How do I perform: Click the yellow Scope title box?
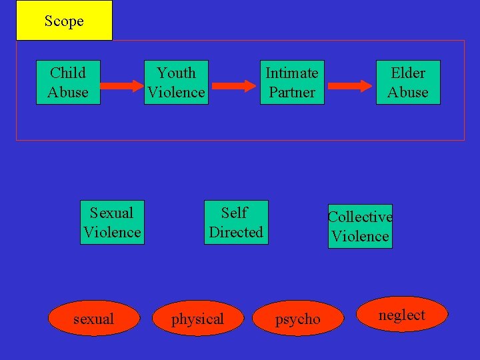click(x=64, y=21)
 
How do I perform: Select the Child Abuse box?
click(x=68, y=83)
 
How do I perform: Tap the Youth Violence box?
click(x=176, y=83)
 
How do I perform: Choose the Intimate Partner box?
click(x=292, y=83)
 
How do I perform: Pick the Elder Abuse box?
click(x=408, y=83)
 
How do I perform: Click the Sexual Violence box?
click(x=112, y=223)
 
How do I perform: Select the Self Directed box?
click(x=236, y=223)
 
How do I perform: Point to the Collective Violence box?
click(x=360, y=227)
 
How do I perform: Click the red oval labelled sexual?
click(x=94, y=319)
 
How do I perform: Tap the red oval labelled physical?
click(x=198, y=319)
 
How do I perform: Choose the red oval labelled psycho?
click(x=297, y=319)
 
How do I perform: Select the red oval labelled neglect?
click(x=402, y=315)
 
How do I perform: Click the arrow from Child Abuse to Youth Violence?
click(x=122, y=85)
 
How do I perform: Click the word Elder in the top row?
click(x=408, y=73)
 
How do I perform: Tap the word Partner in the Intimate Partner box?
click(x=292, y=93)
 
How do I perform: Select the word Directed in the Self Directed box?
click(x=236, y=233)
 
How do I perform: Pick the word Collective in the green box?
click(x=360, y=217)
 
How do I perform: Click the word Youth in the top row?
click(x=176, y=73)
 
